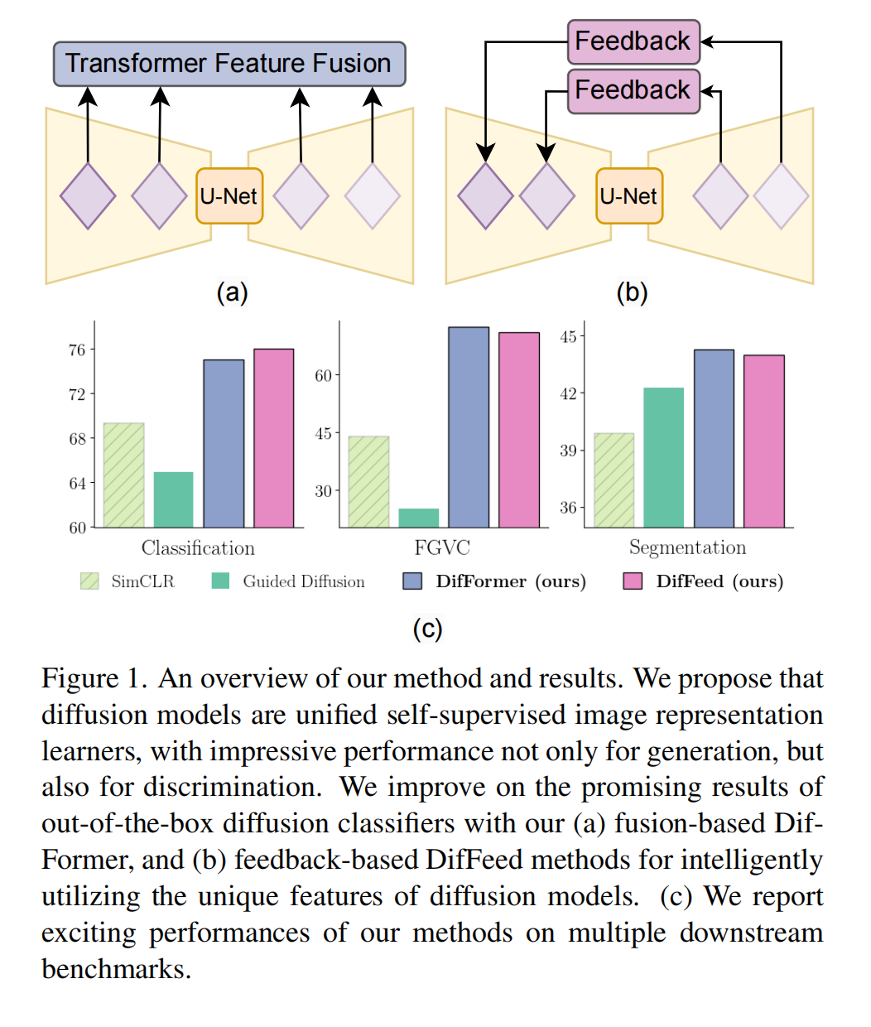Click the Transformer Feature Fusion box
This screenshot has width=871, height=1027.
coord(229,64)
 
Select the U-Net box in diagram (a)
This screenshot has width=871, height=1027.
coord(229,196)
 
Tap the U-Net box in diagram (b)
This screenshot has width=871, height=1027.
coord(629,196)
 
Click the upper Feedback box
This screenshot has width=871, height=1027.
coord(633,41)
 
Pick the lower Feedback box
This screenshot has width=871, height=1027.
coord(633,90)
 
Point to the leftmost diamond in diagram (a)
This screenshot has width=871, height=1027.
coord(88,196)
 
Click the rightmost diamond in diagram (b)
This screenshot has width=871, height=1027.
coord(781,196)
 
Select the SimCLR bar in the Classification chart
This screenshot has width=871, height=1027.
coord(123,475)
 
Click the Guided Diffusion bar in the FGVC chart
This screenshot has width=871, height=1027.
coord(419,518)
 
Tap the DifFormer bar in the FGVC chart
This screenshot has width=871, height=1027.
coord(469,427)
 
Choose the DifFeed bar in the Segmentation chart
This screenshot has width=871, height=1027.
coord(764,441)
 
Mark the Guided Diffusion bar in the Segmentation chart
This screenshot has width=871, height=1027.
coord(664,457)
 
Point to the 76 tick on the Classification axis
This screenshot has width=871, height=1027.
coord(77,350)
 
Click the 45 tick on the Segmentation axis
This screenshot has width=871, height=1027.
coord(568,337)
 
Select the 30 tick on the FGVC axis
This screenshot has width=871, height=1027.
coord(323,491)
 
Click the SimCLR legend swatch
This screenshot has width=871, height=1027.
coord(89,581)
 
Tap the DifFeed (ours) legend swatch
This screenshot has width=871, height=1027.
coord(633,581)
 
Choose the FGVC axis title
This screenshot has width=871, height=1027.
coord(442,548)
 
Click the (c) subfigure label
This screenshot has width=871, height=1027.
coord(428,629)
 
